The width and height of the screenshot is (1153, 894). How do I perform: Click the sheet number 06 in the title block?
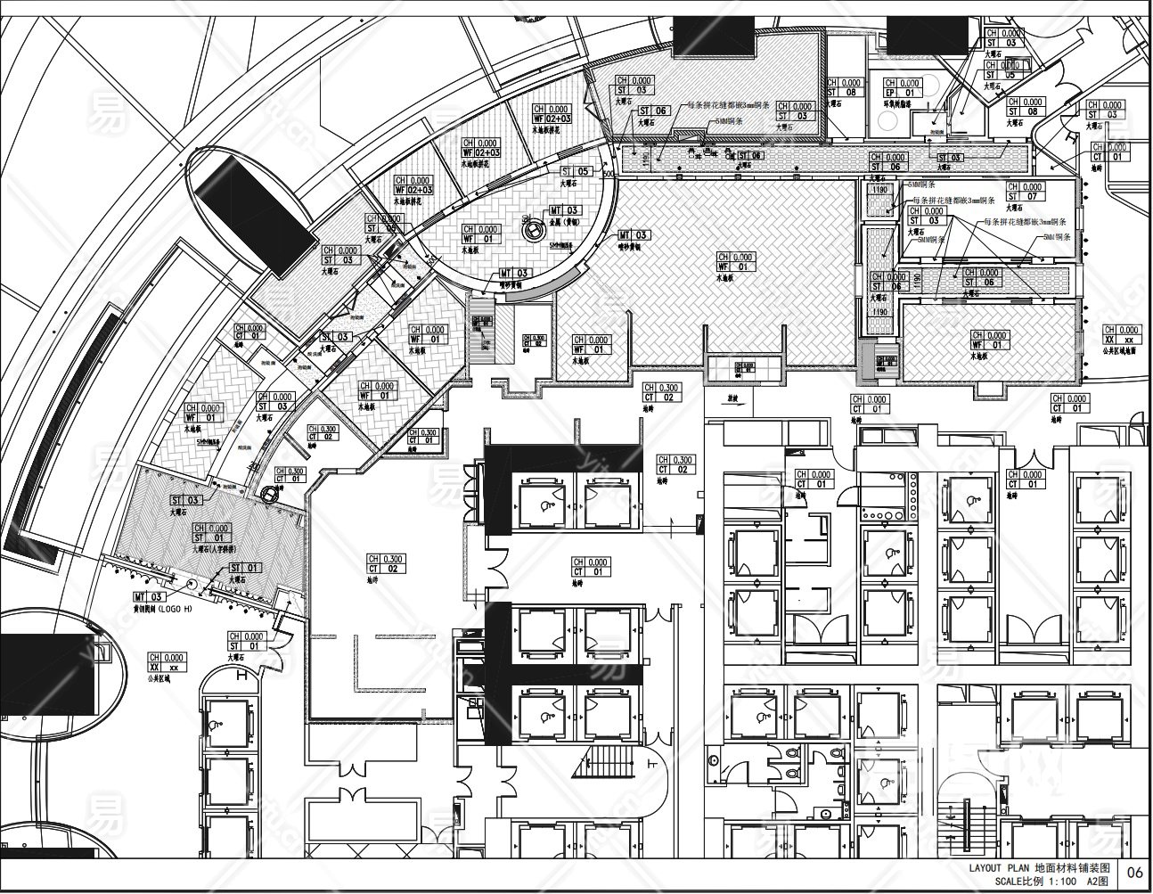pos(1135,873)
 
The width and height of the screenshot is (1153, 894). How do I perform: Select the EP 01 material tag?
pos(901,87)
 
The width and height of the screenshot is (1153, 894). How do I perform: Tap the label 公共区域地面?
pos(1120,351)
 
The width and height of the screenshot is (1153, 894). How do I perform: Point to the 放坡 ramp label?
pos(732,398)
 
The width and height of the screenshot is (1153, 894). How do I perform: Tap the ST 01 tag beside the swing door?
pos(253,642)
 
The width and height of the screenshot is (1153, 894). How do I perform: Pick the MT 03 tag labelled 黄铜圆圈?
pos(149,596)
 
